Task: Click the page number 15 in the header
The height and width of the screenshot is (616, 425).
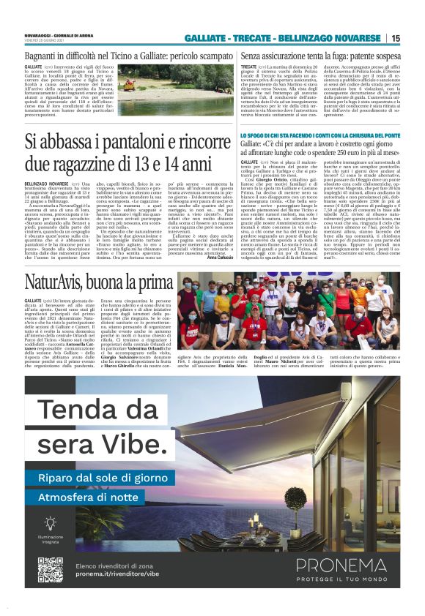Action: pos(396,38)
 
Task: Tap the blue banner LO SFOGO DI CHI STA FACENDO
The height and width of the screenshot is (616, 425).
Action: pos(320,136)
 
